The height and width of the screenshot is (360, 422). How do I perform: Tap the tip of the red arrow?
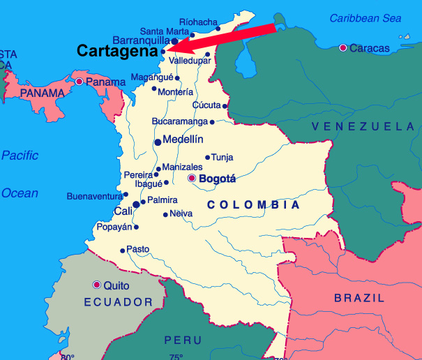click(167, 50)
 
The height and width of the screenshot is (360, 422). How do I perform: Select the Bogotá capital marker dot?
click(193, 179)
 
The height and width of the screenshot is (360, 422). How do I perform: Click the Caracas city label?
click(370, 47)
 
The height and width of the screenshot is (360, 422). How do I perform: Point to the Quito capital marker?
click(96, 285)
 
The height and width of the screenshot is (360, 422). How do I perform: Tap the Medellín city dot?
click(158, 142)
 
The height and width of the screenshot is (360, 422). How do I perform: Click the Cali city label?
click(123, 211)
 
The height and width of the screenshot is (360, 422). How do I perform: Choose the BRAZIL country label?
click(359, 298)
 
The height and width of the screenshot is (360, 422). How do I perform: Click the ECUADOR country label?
click(118, 302)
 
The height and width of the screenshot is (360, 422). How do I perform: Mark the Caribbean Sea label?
click(366, 18)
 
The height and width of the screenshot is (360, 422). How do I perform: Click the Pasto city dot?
click(123, 250)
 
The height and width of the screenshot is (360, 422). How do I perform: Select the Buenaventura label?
click(94, 196)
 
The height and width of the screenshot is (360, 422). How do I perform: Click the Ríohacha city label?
click(199, 22)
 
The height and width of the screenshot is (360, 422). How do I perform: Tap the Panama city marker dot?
click(80, 82)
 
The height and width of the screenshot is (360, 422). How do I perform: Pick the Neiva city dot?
click(165, 214)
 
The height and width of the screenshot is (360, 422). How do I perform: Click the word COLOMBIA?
click(254, 205)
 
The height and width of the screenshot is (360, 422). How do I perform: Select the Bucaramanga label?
click(179, 121)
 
